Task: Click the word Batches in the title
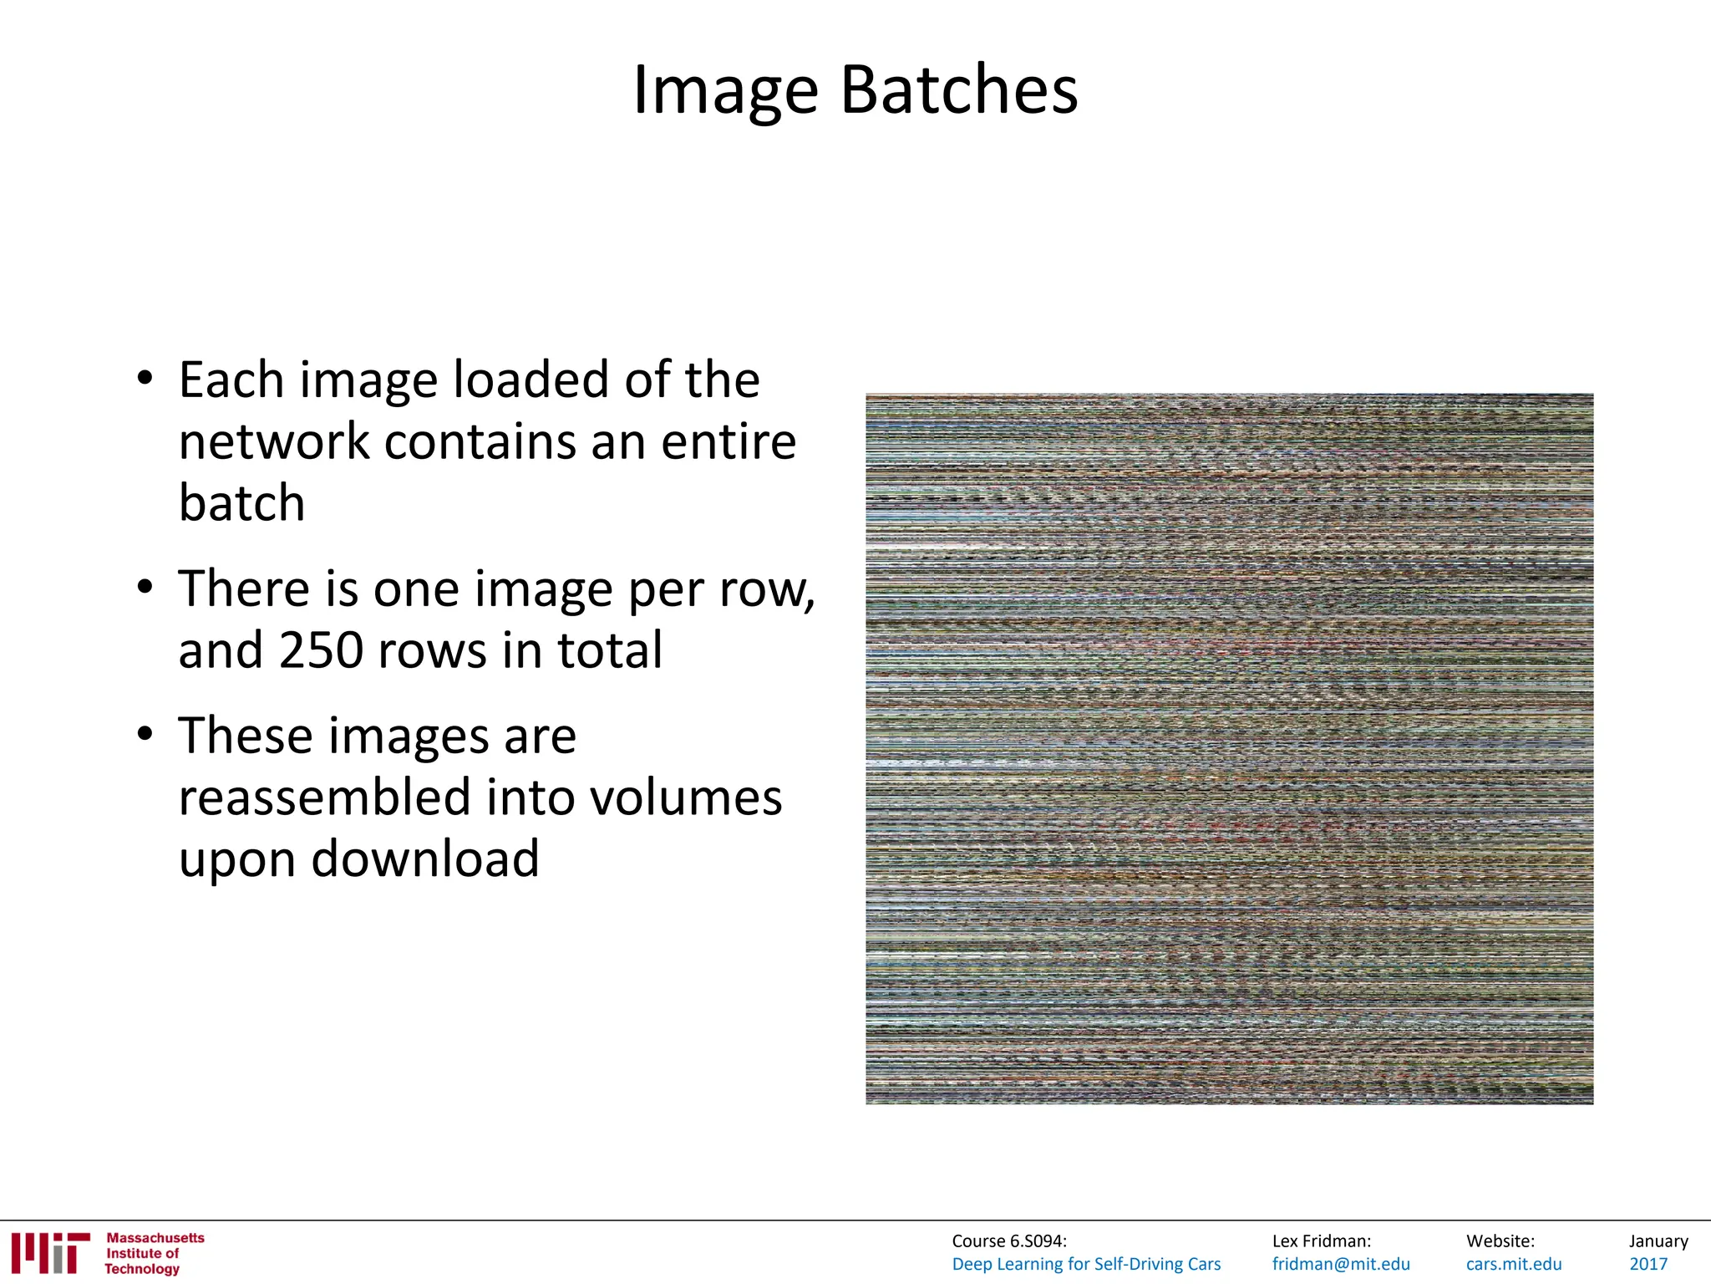pyautogui.click(x=958, y=89)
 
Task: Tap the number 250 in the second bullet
pyautogui.click(x=321, y=650)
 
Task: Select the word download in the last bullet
pyautogui.click(x=425, y=859)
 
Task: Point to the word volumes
pyautogui.click(x=686, y=797)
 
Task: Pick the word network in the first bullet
pyautogui.click(x=274, y=441)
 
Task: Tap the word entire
pyautogui.click(x=729, y=441)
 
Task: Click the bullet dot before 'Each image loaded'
pyautogui.click(x=145, y=378)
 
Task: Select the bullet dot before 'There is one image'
pyautogui.click(x=145, y=587)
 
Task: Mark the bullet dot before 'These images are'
pyautogui.click(x=145, y=734)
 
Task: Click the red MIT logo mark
pyautogui.click(x=50, y=1253)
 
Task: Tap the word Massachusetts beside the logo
pyautogui.click(x=155, y=1238)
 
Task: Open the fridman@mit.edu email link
pyautogui.click(x=1341, y=1264)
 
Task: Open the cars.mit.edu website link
pyautogui.click(x=1514, y=1264)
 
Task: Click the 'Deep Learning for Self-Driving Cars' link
pyautogui.click(x=1086, y=1264)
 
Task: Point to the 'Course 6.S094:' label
pyautogui.click(x=1009, y=1241)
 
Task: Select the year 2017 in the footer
pyautogui.click(x=1648, y=1264)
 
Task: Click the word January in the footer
pyautogui.click(x=1658, y=1241)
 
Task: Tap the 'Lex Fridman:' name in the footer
pyautogui.click(x=1322, y=1241)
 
